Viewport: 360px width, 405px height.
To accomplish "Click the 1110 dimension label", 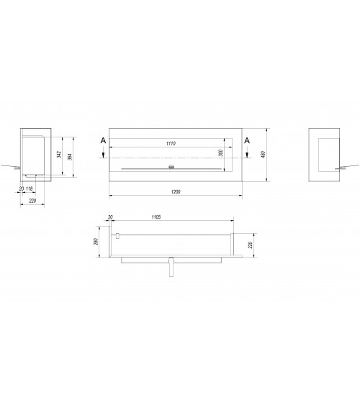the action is [x=171, y=143].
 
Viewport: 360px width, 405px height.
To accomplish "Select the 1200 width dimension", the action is [x=176, y=191].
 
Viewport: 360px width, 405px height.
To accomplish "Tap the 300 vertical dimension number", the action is [x=220, y=153].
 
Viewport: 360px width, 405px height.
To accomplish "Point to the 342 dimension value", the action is [x=59, y=155].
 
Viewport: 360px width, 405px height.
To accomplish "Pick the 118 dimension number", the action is [x=30, y=188].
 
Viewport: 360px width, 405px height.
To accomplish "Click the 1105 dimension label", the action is [x=156, y=217].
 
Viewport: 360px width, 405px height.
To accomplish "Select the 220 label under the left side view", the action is [x=32, y=201].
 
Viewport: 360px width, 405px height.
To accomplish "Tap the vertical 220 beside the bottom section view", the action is [x=250, y=245].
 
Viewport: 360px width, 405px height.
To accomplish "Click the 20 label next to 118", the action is [x=22, y=188].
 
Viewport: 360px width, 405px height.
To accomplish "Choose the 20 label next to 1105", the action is [x=110, y=217].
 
